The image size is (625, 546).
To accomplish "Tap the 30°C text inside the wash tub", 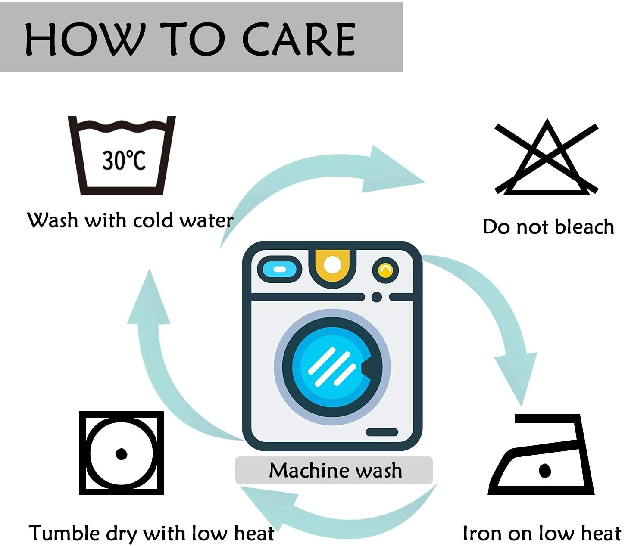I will pos(124,160).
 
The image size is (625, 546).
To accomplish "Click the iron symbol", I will pos(541,456).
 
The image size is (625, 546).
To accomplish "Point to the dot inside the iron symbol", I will pos(545,470).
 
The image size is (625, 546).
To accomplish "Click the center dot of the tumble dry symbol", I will pos(121,453).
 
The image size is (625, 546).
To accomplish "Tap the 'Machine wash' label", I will pos(335,470).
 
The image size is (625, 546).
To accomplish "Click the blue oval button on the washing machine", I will pos(279,269).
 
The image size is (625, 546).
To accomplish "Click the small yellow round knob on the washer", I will pos(385,270).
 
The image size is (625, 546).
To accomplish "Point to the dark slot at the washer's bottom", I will pos(381,432).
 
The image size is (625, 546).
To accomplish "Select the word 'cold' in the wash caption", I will pos(153,220).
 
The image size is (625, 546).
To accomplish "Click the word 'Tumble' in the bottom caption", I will pos(64,533).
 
